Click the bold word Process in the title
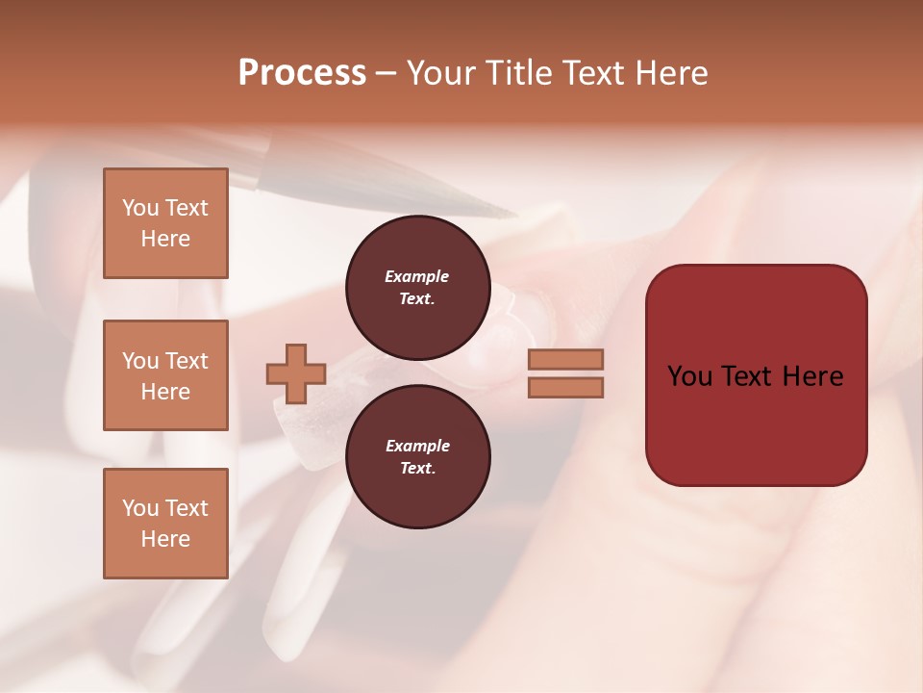point(302,73)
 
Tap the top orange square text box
point(165,223)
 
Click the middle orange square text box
point(165,375)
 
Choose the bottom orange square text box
point(165,524)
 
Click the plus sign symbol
point(296,373)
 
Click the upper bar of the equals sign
point(565,360)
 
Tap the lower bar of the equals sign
point(565,387)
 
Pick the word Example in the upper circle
point(417,276)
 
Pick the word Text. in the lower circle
point(417,468)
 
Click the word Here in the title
point(672,73)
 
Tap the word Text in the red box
point(755,376)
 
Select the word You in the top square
point(140,208)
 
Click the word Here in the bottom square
point(165,539)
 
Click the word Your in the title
point(440,73)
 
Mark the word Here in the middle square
point(165,392)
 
